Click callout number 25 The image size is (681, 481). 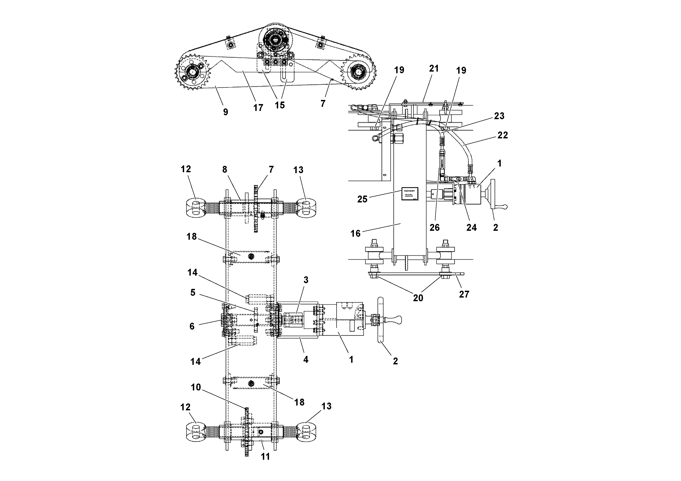pos(362,199)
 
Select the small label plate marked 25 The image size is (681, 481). pos(410,194)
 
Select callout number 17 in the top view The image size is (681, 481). pos(258,108)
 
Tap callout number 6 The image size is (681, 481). pos(192,326)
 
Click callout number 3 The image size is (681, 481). pos(306,280)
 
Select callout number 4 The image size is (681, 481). pos(306,359)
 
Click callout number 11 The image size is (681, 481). pos(265,457)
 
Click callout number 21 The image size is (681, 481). pos(434,69)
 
